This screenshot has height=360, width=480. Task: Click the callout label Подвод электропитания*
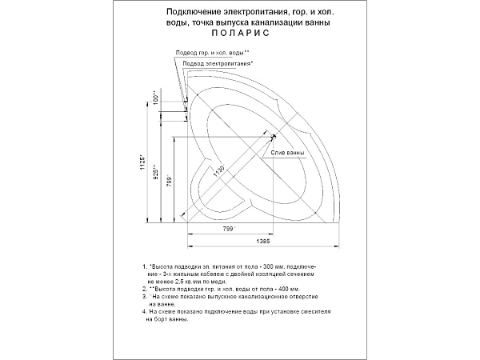click(x=219, y=62)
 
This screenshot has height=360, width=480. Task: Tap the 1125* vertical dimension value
click(x=142, y=163)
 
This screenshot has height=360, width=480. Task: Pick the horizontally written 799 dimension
click(x=227, y=230)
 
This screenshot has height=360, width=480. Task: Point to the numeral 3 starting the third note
click(x=143, y=295)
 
